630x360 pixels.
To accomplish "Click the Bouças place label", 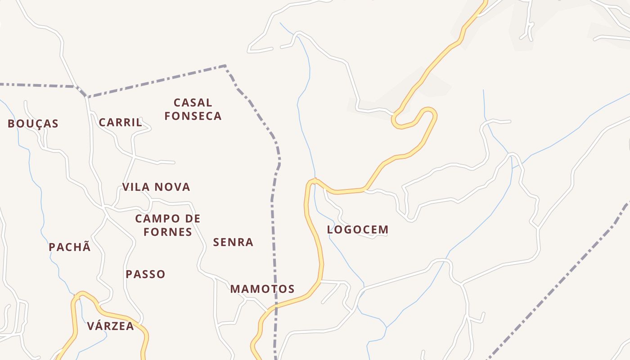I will coord(33,124).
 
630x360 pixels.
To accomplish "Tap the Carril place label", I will coord(120,122).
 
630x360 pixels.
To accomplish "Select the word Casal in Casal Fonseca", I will coord(193,103).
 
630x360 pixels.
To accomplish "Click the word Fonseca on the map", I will coord(193,116).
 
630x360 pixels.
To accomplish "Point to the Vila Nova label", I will coord(156,187).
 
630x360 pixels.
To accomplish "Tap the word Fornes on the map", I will coord(168,232).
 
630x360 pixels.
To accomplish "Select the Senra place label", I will coord(233,243).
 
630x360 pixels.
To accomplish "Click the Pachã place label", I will coord(70,247).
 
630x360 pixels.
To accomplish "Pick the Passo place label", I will coord(145,274).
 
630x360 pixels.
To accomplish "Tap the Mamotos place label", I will coord(262,289).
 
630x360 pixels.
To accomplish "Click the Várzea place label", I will coord(110,326).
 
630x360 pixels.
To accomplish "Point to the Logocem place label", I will coord(357,230).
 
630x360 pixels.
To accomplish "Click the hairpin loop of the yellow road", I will coord(430,112).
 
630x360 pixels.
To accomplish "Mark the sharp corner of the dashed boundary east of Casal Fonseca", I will coord(225,66).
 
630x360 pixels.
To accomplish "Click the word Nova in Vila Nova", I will coord(174,187).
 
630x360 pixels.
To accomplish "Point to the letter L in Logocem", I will coord(330,230).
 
